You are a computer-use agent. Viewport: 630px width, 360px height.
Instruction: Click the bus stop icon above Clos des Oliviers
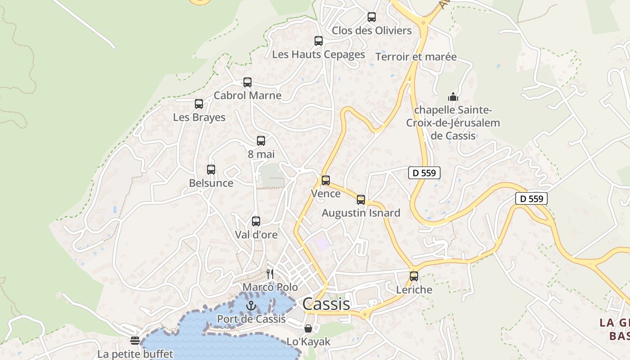tap(371, 17)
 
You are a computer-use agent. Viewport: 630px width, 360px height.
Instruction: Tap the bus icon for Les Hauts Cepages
tap(319, 41)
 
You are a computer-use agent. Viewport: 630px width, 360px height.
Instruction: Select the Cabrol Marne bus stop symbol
tap(247, 82)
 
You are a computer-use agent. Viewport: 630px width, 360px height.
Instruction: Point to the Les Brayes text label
tap(199, 117)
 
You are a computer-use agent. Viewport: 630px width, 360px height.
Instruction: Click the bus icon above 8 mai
tap(261, 141)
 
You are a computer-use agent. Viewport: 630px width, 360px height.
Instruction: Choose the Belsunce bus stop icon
tap(211, 170)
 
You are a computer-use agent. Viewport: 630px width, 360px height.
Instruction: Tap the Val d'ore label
tap(256, 235)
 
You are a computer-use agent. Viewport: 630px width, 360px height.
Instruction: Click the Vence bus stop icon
tap(326, 180)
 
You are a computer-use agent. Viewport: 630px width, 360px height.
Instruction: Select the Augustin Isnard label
tap(361, 213)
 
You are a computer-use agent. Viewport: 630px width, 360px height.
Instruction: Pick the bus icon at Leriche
tap(414, 276)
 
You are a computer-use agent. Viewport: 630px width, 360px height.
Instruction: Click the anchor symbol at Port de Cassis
tap(251, 306)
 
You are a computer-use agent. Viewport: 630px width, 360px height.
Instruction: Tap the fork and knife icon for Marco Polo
tap(270, 274)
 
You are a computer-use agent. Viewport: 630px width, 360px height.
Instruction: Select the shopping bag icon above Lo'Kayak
tap(308, 328)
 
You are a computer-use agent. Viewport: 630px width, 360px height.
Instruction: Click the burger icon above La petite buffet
tap(135, 341)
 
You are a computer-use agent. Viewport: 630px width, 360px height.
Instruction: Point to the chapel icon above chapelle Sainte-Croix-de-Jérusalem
tap(453, 97)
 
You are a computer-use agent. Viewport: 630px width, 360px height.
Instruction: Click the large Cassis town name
tap(326, 304)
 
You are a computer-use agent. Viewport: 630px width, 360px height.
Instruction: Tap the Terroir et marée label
tap(416, 57)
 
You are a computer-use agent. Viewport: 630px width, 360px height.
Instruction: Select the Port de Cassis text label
tap(251, 319)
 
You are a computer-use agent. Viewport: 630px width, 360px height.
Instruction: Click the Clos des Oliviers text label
tap(372, 31)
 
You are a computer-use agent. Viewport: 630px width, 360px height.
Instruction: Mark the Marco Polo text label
tap(270, 287)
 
